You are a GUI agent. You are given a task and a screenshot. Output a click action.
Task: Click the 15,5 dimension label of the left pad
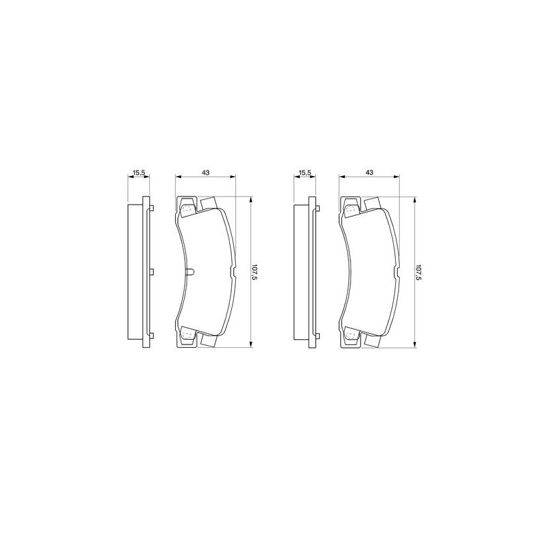pos(139,173)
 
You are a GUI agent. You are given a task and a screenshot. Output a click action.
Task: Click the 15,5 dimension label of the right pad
pos(304,173)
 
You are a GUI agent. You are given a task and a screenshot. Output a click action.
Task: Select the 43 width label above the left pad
pos(206,173)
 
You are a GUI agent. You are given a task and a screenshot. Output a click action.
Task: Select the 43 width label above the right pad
pos(369,173)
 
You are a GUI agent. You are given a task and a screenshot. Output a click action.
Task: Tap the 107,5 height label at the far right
pos(418,272)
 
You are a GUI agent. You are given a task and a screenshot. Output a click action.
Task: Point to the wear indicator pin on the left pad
pos(190,272)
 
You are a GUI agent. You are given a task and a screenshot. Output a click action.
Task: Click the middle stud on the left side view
pos(152,272)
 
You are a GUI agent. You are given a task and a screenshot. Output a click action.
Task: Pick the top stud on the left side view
pos(152,208)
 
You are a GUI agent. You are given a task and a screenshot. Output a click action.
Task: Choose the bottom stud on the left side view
pos(152,336)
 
